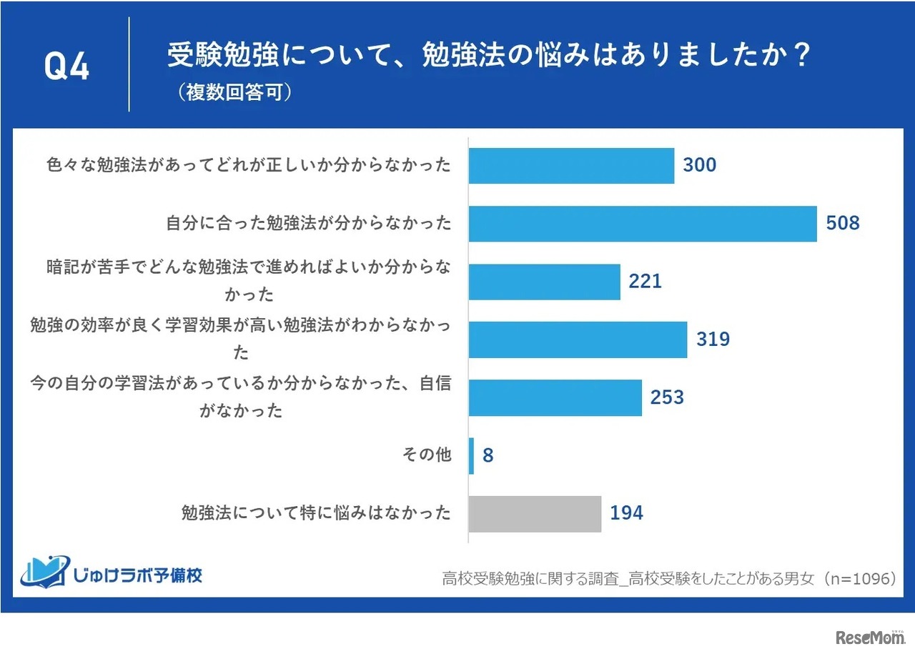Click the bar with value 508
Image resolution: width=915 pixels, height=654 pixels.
[x=642, y=224]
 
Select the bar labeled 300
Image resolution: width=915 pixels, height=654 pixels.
[x=571, y=166]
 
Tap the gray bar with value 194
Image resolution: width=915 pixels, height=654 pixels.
[x=535, y=513]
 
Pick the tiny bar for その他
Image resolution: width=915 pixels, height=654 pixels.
[x=471, y=455]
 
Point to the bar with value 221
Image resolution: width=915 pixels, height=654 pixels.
[x=544, y=282]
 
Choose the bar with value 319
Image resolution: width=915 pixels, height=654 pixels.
[x=578, y=340]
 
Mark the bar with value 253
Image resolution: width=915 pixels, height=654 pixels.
[x=555, y=397]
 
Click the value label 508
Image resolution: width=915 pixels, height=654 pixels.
[x=843, y=224]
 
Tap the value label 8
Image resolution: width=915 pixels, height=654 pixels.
[x=488, y=455]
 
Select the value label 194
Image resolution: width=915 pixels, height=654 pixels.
[x=626, y=513]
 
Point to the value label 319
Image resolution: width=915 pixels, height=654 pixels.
[x=713, y=340]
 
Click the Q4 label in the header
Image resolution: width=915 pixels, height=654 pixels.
[x=66, y=67]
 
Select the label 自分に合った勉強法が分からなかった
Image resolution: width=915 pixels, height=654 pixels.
[x=309, y=224]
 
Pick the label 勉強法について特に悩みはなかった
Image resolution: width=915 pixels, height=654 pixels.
[x=316, y=513]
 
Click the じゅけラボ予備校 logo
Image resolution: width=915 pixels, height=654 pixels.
[x=112, y=573]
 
